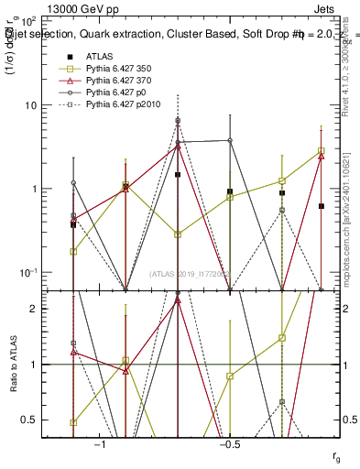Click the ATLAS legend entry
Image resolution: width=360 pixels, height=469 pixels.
tap(101, 56)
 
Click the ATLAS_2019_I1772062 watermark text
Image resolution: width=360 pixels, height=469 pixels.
tap(192, 274)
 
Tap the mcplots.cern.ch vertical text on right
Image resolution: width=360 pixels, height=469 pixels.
tap(349, 229)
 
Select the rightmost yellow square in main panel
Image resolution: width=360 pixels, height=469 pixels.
tap(321, 150)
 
